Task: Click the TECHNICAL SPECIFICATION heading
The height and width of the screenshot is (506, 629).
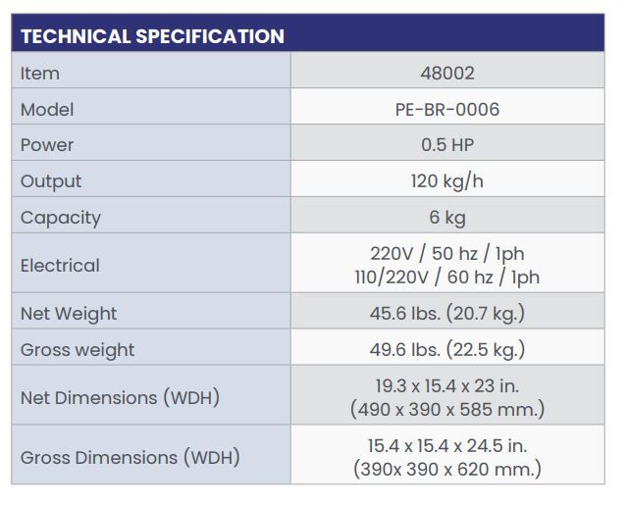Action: point(152,37)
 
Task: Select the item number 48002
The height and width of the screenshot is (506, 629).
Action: point(446,73)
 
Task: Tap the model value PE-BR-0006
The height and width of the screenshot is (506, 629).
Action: point(446,109)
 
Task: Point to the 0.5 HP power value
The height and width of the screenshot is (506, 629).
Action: point(446,145)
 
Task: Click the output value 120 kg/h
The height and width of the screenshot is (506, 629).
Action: point(446,181)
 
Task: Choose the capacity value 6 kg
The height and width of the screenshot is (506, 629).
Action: point(446,218)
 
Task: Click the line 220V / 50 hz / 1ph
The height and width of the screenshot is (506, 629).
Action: point(446,253)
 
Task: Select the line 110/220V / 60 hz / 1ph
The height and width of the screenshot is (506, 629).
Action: point(446,278)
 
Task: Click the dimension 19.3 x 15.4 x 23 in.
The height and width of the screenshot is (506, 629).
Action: point(446,385)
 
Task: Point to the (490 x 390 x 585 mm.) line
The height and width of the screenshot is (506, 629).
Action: point(446,409)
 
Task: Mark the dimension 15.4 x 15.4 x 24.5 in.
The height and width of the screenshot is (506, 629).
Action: point(446,445)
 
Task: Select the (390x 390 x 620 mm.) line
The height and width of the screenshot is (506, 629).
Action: point(446,469)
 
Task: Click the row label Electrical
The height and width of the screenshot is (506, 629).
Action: point(60,266)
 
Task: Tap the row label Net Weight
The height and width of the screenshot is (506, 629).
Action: point(69,314)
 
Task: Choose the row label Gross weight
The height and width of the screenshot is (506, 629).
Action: point(78,350)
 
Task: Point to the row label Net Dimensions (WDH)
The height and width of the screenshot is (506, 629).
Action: point(120,398)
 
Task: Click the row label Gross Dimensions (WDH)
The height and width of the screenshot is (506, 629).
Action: point(130,457)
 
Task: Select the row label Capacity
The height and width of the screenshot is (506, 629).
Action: point(61,218)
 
